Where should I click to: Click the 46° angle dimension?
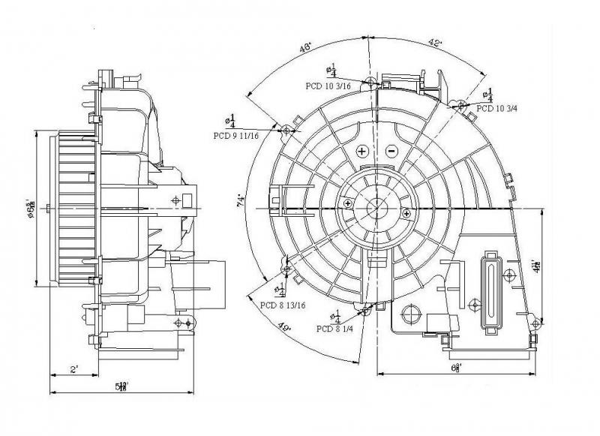[306, 48]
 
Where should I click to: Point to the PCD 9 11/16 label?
[236, 136]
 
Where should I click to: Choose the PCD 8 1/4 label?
[335, 329]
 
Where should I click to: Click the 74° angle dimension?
[240, 201]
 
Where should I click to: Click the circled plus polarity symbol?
[361, 151]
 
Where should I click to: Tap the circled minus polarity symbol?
[391, 151]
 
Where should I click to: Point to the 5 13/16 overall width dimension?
[122, 385]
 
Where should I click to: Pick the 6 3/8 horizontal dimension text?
[455, 367]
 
